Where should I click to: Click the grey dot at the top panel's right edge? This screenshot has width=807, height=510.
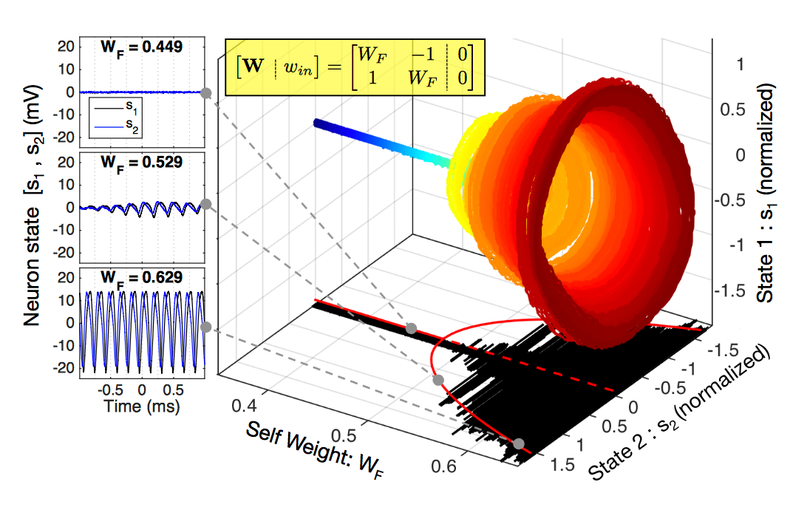tap(206, 93)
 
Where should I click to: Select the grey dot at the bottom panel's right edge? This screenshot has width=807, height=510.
tap(206, 327)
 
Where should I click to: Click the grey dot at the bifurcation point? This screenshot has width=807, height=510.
tap(412, 327)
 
